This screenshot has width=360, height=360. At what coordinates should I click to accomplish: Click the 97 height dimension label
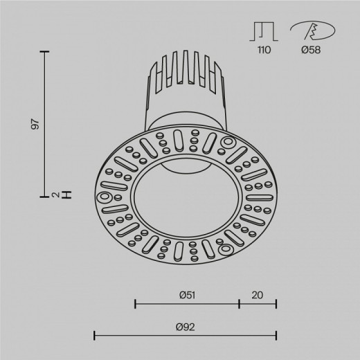36,125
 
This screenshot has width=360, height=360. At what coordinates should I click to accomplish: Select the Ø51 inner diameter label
186,295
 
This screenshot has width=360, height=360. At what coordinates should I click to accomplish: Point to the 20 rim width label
258,295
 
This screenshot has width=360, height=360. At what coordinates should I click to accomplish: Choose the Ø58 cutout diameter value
309,51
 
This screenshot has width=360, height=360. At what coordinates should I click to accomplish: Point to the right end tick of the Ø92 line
276,336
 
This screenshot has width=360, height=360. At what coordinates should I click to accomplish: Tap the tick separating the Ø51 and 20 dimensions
239,303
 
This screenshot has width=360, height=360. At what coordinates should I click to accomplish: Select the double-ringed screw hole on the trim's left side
106,197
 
